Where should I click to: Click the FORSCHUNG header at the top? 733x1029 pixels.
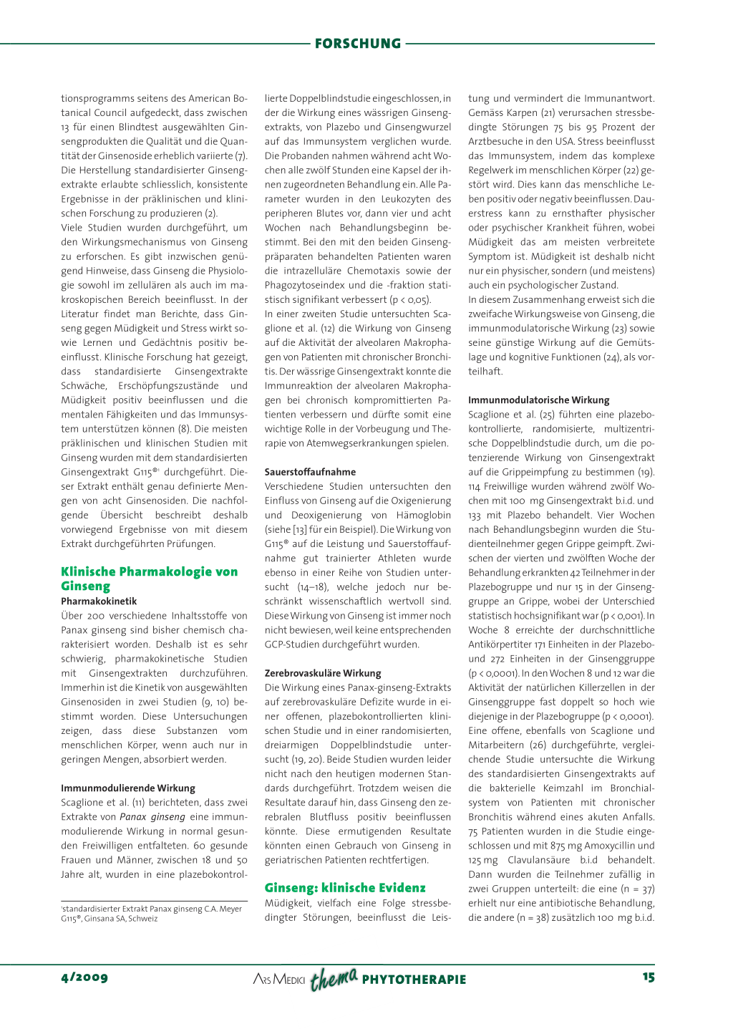pos(358,44)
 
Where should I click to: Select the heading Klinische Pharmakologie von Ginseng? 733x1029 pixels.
pos(149,579)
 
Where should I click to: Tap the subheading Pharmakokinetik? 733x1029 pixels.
pos(99,602)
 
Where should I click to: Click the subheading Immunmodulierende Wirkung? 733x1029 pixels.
pos(128,788)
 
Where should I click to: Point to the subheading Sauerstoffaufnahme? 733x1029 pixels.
pos(310,472)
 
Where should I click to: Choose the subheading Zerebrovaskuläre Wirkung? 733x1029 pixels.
pos(323,673)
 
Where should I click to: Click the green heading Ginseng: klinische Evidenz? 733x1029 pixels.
pos(345,888)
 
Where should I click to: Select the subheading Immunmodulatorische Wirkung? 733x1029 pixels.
pos(539,400)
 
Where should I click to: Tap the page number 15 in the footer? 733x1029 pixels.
pos(649,977)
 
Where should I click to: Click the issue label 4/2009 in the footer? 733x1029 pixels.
pos(84,977)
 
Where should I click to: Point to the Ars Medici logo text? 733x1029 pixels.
pos(279,980)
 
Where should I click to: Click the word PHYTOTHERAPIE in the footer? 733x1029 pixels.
pos(414,980)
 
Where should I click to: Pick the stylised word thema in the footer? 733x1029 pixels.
pos(334,978)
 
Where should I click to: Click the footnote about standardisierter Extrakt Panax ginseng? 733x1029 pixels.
pos(152,914)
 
